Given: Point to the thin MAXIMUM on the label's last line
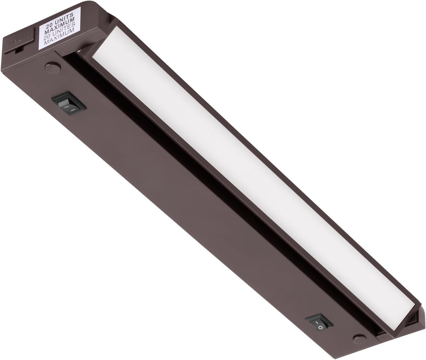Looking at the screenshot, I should [x=58, y=43].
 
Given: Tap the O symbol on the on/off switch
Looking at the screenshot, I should [x=320, y=328].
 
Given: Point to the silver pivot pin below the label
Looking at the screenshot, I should [x=86, y=51].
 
